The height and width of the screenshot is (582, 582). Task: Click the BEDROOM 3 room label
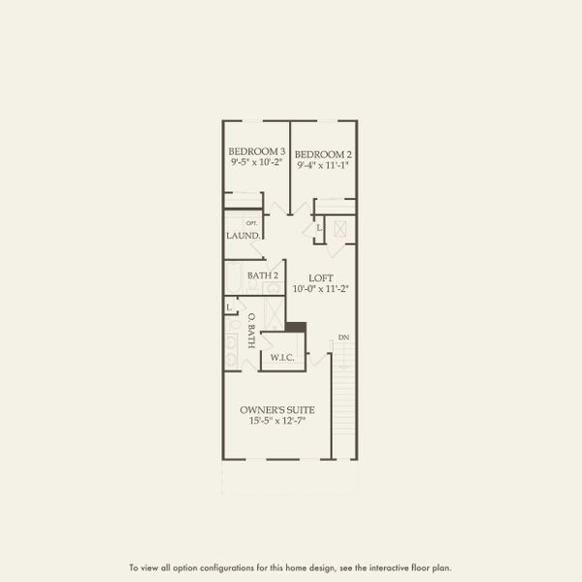coord(256,151)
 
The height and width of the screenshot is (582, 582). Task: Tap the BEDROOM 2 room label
coord(322,153)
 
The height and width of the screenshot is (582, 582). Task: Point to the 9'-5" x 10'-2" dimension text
coord(256,164)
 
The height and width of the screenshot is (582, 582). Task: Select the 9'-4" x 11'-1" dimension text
coord(322,166)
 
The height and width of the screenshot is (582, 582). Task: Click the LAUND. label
coord(242,236)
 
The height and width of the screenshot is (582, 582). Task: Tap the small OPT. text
coord(250,224)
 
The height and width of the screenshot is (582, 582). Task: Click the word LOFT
coord(321,278)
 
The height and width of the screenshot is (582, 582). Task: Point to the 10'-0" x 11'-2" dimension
coord(321,289)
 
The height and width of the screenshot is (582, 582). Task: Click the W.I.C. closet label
coord(282,356)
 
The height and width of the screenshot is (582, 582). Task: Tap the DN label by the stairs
coord(342,338)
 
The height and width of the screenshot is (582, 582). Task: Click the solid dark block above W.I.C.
coord(296,327)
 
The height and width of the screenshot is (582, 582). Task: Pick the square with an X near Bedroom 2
coord(340,228)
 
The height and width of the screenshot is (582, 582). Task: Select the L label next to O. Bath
coord(229,307)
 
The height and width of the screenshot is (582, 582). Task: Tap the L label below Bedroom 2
coord(320,228)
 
